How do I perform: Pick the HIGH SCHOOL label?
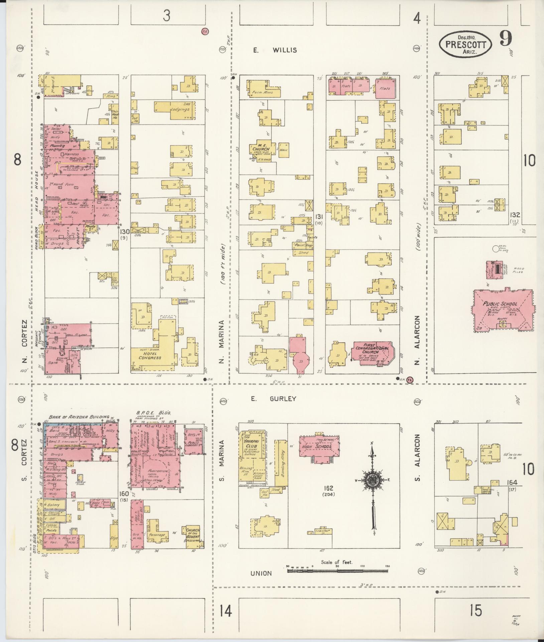coord(319,447)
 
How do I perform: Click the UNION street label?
coord(261,573)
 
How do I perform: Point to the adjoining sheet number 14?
coord(226,612)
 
